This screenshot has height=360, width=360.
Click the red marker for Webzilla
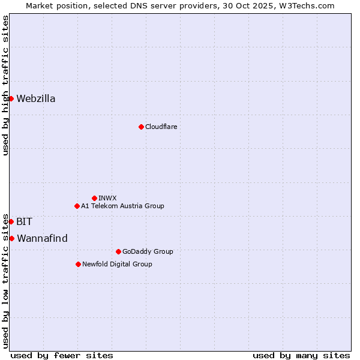pos(11,98)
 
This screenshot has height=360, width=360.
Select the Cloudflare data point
pos(141,127)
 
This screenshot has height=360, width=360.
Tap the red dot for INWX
pos(94,198)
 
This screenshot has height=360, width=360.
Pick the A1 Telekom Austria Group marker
pos(77,206)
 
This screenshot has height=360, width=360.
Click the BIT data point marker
pos(11,221)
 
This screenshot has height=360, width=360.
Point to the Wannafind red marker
pos(11,238)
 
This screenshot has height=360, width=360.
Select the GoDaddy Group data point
pos(118,251)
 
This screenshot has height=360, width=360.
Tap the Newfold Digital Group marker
pos(78,264)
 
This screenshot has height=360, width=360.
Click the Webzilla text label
pos(36,99)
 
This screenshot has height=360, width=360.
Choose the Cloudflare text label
pos(161,127)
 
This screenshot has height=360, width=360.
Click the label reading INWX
pos(107,198)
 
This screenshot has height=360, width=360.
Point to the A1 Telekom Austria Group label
pos(122,206)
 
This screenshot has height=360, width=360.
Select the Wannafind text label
pos(42,239)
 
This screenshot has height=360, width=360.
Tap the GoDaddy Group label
pos(148,251)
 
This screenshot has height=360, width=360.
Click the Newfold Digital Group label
pos(117,264)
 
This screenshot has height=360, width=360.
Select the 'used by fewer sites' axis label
pos(62,355)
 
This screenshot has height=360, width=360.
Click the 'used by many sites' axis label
pos(301,355)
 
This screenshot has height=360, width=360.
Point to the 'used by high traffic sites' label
pos(5,85)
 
